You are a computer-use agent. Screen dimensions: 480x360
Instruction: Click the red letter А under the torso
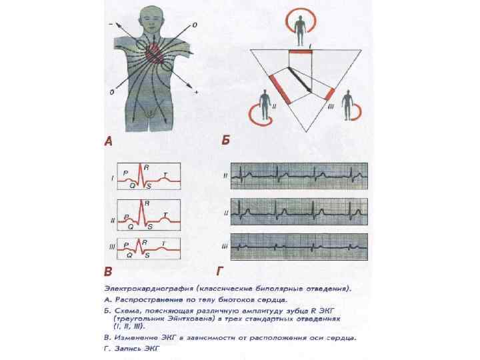click(109, 141)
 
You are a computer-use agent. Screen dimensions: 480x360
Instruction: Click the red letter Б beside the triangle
click(225, 141)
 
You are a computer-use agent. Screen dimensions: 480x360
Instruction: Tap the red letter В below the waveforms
click(109, 271)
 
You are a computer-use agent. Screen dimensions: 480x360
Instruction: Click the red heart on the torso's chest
click(155, 51)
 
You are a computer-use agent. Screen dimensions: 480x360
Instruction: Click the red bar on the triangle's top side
click(301, 51)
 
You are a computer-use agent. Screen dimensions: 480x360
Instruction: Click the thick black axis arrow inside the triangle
click(300, 80)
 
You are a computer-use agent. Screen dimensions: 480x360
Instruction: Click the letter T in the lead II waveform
click(165, 215)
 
